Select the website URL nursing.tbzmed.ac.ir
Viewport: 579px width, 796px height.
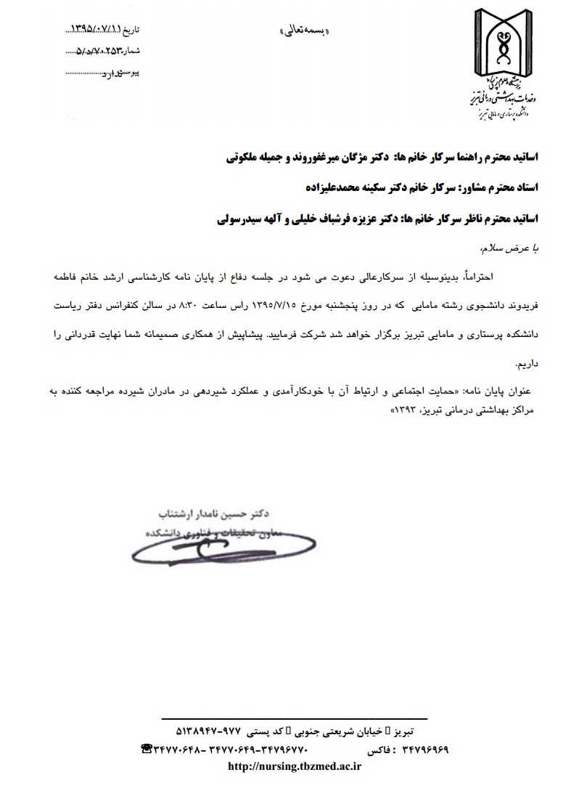point(295,767)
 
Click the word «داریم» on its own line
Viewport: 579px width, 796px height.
point(525,362)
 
